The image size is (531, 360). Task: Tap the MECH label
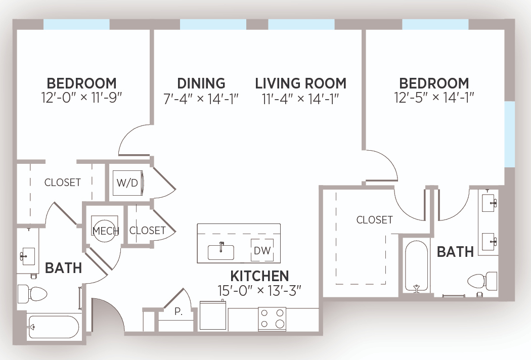coord(106,231)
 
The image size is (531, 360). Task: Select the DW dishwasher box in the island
coord(262,250)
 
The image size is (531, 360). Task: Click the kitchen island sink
coord(221,251)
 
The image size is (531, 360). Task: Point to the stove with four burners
coord(272,319)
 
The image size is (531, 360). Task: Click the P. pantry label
coord(179,311)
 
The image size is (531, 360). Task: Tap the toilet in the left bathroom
coord(32,294)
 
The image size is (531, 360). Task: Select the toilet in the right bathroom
coord(482,281)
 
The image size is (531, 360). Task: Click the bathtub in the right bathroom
coord(417,266)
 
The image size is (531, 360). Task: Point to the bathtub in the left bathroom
coord(54,327)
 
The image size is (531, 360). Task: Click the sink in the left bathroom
coord(27,256)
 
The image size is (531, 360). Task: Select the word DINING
coord(201,83)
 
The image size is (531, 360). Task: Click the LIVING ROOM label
coord(301,83)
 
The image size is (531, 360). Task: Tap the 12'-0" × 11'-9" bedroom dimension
coord(81,98)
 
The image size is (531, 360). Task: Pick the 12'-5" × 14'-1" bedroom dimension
coord(434,98)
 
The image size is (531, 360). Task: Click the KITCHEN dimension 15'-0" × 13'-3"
coord(259,290)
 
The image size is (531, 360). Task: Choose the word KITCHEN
coord(259,276)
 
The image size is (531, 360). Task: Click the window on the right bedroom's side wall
coord(510,134)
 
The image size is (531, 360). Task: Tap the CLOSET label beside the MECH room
coord(147,231)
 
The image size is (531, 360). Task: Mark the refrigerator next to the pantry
coord(213,316)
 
